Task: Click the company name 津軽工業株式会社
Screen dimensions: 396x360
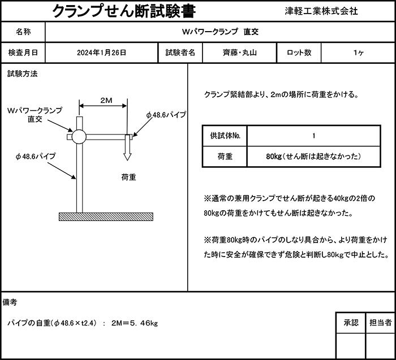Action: click(x=321, y=11)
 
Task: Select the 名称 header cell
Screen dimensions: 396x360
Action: click(x=23, y=32)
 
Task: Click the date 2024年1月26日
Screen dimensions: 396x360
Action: click(x=101, y=53)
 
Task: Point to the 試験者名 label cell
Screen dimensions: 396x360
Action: click(x=180, y=53)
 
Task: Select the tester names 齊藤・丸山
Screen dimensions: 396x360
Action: click(x=240, y=53)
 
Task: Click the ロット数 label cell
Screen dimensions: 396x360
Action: click(x=299, y=53)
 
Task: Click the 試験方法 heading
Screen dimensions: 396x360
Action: click(x=23, y=74)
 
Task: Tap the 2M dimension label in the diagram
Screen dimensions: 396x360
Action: click(x=105, y=101)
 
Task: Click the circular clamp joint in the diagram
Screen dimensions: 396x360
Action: click(x=78, y=136)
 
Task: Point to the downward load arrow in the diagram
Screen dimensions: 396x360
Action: click(x=127, y=149)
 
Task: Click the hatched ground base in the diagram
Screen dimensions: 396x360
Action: click(x=106, y=216)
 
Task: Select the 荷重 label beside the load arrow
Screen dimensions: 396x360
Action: click(x=129, y=177)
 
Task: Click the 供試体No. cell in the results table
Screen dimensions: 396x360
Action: click(x=225, y=136)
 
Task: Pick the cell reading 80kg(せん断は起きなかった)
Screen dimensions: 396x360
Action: click(x=313, y=156)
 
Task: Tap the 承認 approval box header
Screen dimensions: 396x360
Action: click(x=351, y=323)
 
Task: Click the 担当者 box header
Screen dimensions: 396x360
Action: click(x=380, y=323)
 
